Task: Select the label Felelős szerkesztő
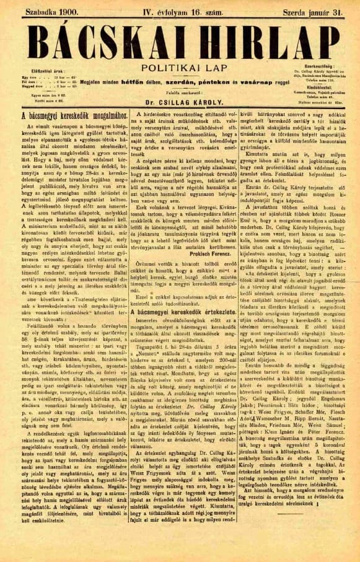pos(178,92)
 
